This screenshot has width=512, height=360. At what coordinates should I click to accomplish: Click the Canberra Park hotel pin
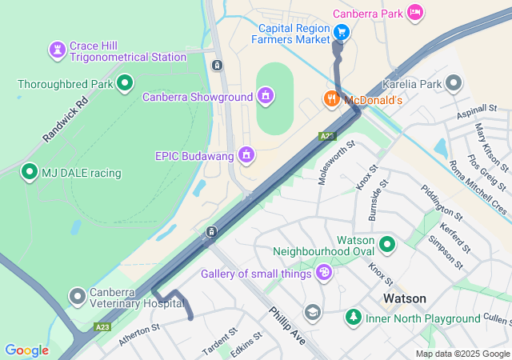(414, 12)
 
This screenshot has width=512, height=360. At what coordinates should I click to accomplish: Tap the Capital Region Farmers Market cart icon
(342, 32)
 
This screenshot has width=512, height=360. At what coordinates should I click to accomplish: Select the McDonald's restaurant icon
(330, 98)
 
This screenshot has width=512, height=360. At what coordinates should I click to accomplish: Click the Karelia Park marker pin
(454, 83)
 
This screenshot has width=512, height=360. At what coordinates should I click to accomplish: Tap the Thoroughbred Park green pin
(125, 82)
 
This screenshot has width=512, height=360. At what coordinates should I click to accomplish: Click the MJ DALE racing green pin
(30, 172)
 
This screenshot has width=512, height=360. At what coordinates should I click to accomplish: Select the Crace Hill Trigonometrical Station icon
(57, 50)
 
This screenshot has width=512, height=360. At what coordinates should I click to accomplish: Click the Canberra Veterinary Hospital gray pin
(78, 297)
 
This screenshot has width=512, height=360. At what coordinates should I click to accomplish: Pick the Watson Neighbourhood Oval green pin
(388, 244)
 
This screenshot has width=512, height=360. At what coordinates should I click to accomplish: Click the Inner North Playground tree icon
(353, 318)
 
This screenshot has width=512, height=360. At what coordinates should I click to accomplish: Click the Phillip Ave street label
(287, 326)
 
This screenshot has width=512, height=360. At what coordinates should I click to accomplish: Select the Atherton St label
(139, 334)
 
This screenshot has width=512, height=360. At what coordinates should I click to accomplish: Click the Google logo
(27, 350)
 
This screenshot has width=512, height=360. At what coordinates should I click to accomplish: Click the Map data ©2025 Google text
(462, 354)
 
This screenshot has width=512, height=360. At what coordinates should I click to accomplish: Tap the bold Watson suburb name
(405, 298)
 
